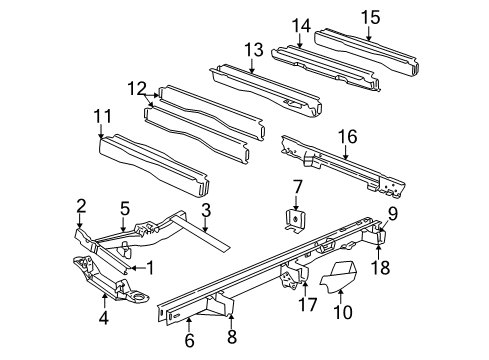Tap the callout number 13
(252, 49)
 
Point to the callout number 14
(301, 26)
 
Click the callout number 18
(379, 266)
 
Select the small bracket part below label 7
(297, 222)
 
